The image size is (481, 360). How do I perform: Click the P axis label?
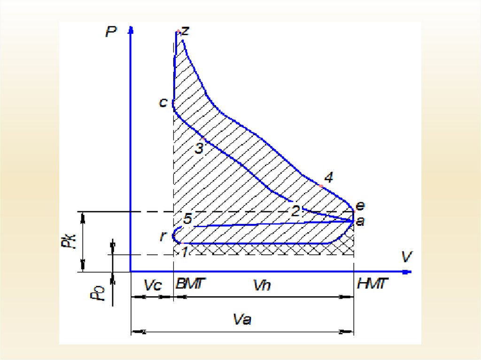tap(111, 31)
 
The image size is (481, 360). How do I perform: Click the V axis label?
tap(407, 257)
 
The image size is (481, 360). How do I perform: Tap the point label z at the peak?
tap(185, 31)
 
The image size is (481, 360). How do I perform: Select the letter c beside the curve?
tap(163, 102)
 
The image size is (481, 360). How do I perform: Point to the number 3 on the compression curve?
tap(199, 149)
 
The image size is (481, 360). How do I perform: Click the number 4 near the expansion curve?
tap(329, 177)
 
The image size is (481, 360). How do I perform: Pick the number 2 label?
tap(296, 211)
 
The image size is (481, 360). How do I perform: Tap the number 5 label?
tap(187, 219)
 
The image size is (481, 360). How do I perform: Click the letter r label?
tap(163, 236)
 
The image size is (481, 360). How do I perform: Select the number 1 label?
tap(184, 252)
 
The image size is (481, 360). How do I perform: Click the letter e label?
tap(360, 206)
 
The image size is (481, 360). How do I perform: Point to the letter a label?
tap(360, 221)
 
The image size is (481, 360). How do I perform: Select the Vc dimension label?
tap(153, 285)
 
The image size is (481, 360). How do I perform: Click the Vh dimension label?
tap(262, 285)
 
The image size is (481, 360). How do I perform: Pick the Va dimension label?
tap(242, 320)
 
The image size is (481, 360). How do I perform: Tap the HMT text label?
tap(372, 283)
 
